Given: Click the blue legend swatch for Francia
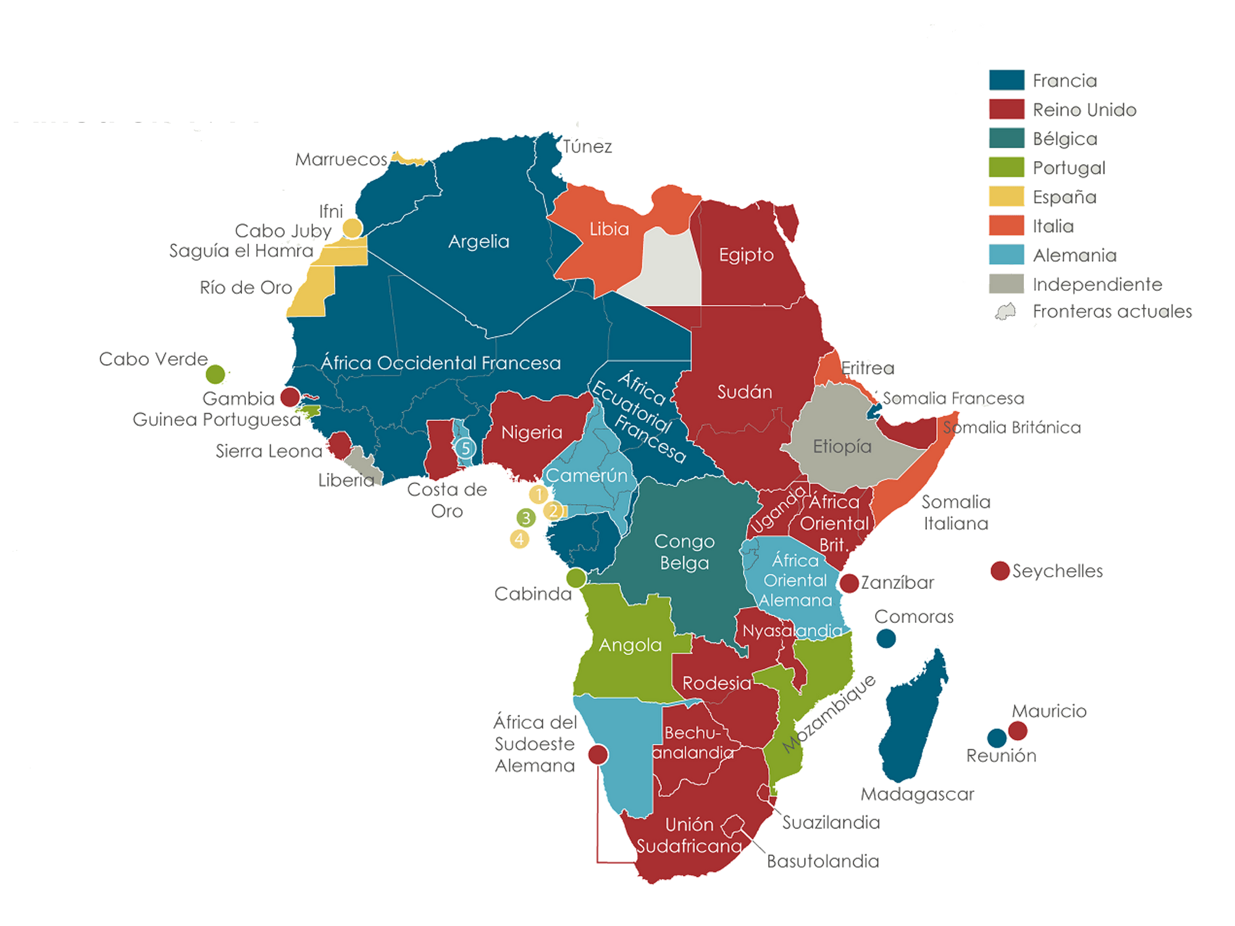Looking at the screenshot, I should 1007,80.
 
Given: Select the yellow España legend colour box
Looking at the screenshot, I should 1007,196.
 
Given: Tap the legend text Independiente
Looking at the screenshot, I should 1097,285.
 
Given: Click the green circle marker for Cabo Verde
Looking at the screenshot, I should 216,373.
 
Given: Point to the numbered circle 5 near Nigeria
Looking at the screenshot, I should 466,448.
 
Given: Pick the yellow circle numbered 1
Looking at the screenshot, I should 538,494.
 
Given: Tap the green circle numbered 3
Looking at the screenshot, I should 526,517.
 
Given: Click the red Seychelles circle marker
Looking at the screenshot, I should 1000,570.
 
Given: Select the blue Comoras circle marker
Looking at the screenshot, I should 886,638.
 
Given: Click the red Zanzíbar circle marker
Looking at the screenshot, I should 850,583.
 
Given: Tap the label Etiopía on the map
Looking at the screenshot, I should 842,446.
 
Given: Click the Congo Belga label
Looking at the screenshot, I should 684,552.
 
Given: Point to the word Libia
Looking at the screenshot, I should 609,229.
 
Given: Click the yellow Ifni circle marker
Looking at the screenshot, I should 353,228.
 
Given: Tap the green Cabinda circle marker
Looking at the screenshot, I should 576,578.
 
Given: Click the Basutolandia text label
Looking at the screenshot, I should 823,861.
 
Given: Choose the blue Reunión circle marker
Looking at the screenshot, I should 996,737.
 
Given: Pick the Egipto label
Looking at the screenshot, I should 746,254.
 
